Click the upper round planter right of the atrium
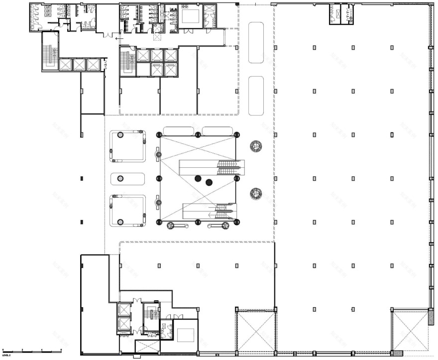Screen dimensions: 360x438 [x=256, y=146]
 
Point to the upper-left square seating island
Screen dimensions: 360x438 [x=127, y=146]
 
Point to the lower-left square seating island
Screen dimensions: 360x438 [x=127, y=210]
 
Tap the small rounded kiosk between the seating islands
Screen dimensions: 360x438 [x=127, y=178]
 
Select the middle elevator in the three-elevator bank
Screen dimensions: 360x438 [x=80, y=64]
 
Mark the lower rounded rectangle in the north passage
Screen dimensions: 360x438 [x=256, y=96]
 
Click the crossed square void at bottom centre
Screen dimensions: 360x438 [x=256, y=331]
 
